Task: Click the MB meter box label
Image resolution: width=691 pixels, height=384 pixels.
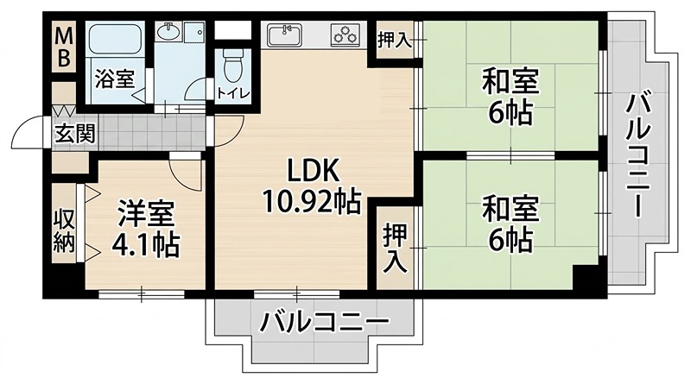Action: pyautogui.click(x=65, y=49)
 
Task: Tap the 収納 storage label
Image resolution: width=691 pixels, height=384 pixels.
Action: pyautogui.click(x=65, y=229)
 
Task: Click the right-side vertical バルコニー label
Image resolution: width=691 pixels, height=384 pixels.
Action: pyautogui.click(x=638, y=155)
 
